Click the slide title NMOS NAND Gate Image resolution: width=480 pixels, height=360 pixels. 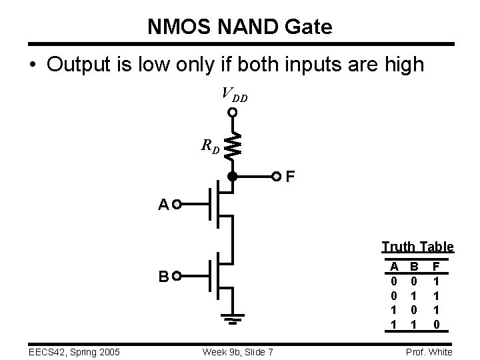point(239,27)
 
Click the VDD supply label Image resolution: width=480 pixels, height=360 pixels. point(234,95)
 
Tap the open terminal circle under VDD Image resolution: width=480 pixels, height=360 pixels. point(233,113)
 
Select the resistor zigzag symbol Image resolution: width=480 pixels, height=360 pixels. point(233,146)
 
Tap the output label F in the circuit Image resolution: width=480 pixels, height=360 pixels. point(289,177)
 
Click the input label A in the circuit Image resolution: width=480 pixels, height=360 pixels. point(163,205)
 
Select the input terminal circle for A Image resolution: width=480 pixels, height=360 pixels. point(177,205)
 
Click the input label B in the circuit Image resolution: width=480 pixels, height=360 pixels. point(163,276)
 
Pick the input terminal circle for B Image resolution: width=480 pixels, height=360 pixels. point(177,276)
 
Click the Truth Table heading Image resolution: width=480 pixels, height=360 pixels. point(417,247)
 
